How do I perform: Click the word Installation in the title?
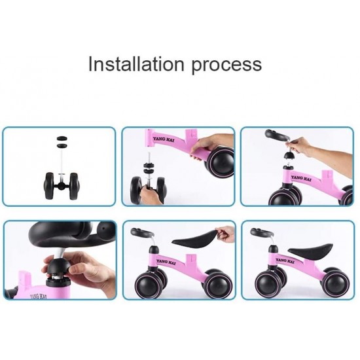point(136,64)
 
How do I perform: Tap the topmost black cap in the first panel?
point(62,139)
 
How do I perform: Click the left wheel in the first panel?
point(48,186)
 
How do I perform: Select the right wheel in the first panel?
point(74,186)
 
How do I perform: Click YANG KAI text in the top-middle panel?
point(164,139)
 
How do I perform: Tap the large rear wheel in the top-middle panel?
point(220,162)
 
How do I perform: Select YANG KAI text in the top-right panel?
point(302,178)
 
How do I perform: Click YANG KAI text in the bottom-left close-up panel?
point(39,297)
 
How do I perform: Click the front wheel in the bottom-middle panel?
point(148,285)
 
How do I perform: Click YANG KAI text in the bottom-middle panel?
point(166,262)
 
